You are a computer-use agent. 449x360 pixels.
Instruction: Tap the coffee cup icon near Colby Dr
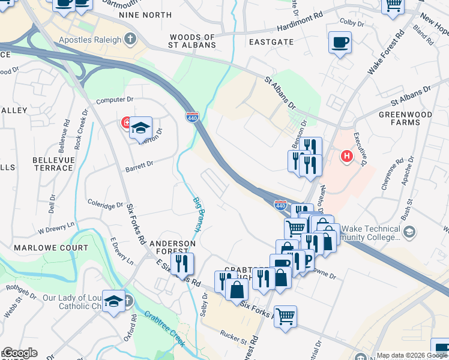[340, 43]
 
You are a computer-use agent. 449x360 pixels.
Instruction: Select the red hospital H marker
[346, 157]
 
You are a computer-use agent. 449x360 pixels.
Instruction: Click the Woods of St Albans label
[192, 41]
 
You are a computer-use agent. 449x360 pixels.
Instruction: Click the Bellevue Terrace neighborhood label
[53, 164]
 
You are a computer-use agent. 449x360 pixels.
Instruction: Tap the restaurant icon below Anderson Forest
[181, 264]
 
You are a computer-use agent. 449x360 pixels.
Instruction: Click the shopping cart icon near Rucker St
[286, 316]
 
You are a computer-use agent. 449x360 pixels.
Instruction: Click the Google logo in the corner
[20, 353]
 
